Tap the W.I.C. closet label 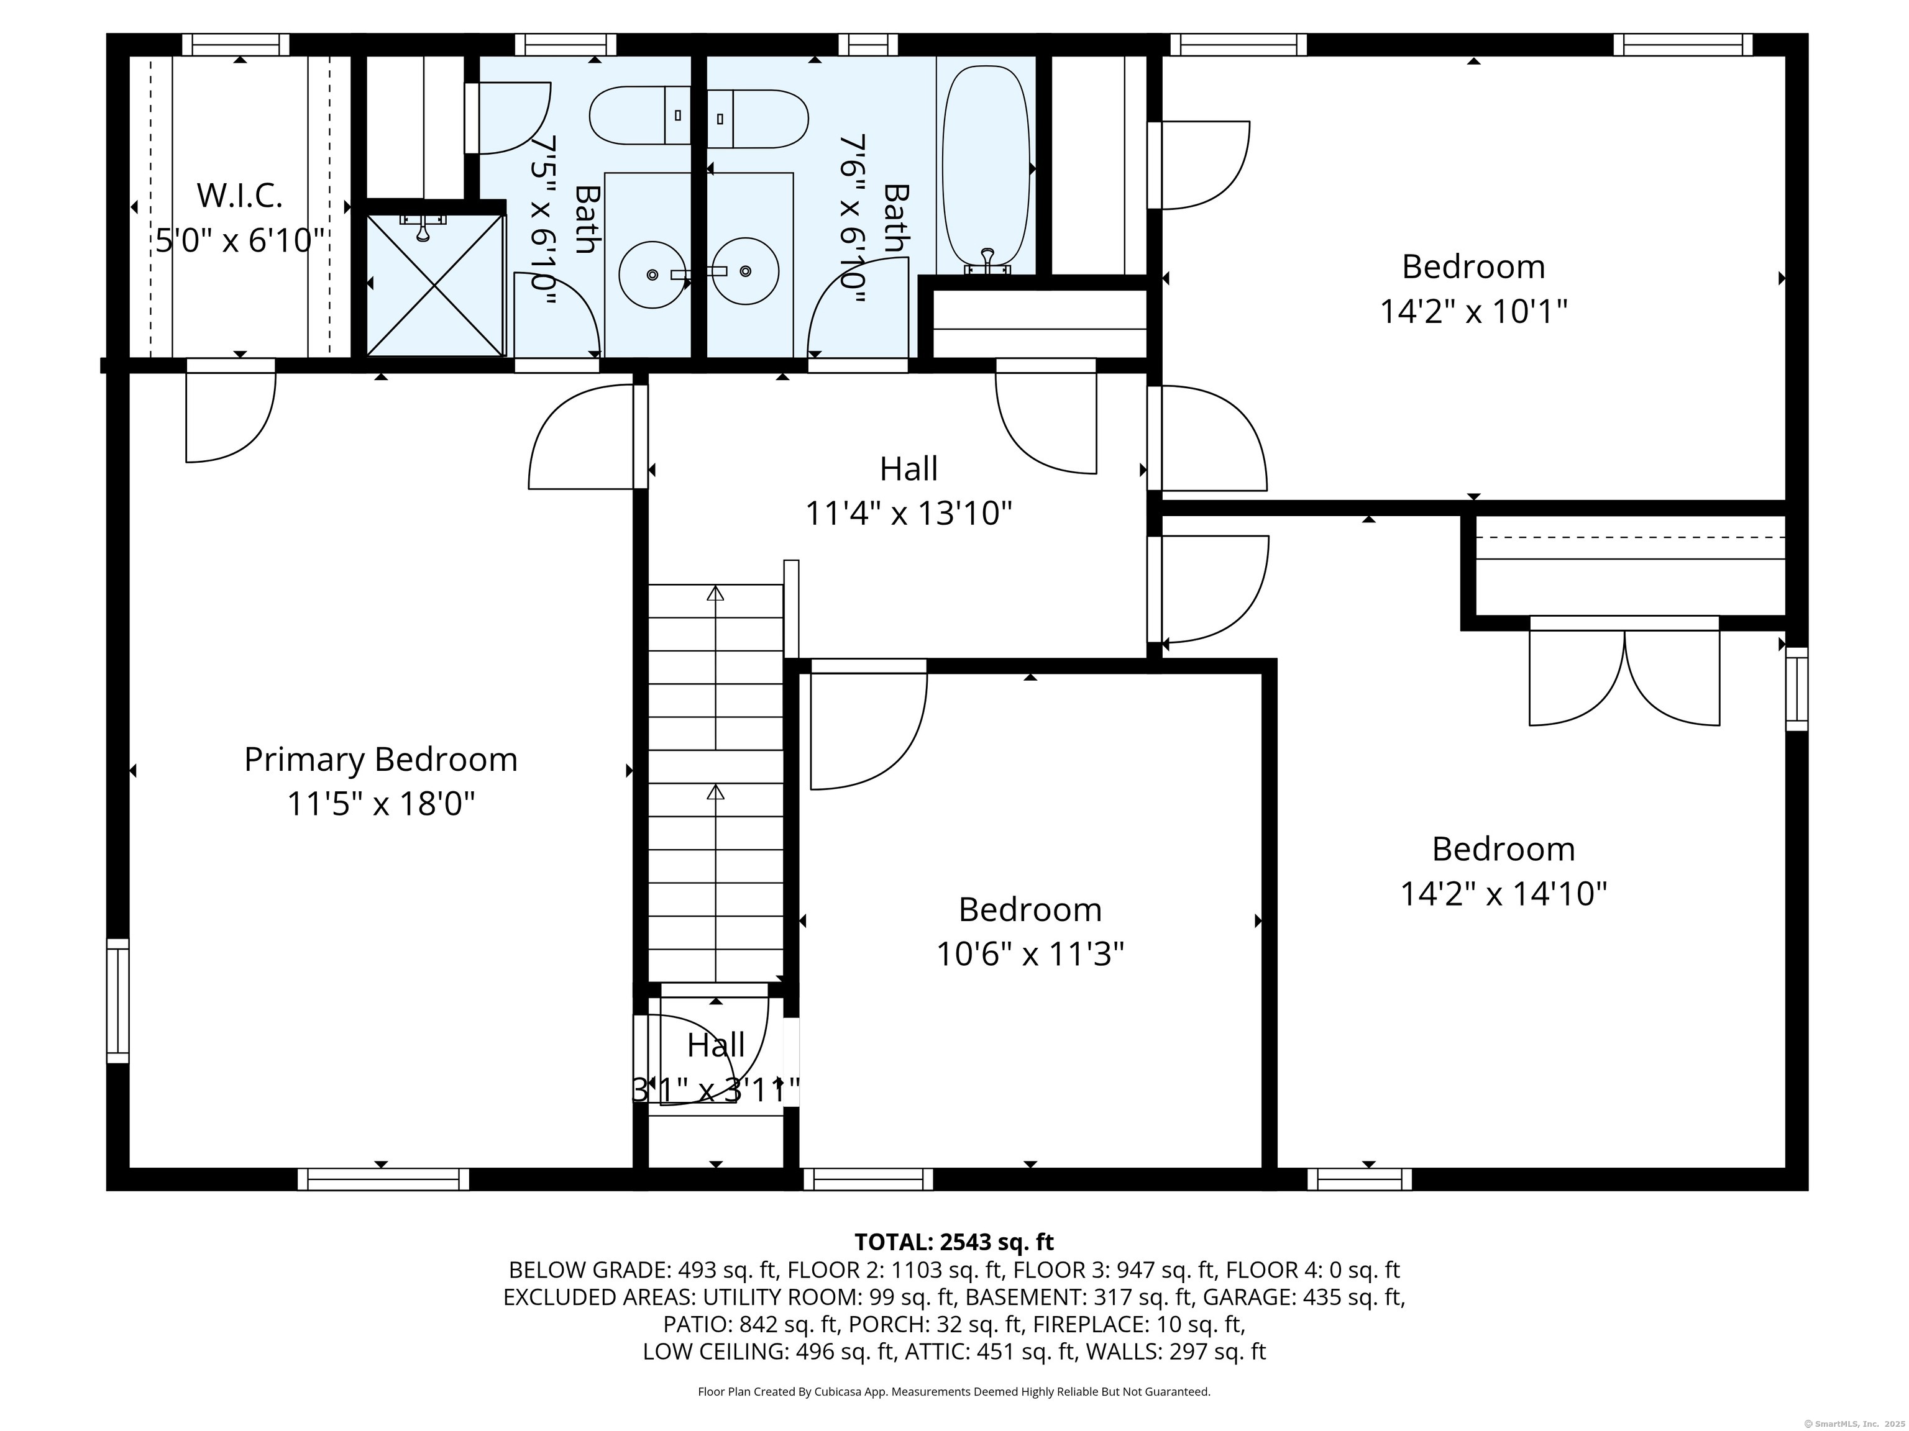[x=239, y=196]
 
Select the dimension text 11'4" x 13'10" [x=908, y=514]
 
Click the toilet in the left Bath [x=639, y=116]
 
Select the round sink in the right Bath [x=746, y=271]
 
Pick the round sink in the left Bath [x=652, y=273]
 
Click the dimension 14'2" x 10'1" [x=1473, y=311]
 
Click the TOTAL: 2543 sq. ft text [x=954, y=1242]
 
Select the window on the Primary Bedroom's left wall [x=117, y=1001]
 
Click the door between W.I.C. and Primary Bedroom [x=231, y=414]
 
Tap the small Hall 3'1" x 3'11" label [x=715, y=1045]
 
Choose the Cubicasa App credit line [x=954, y=1391]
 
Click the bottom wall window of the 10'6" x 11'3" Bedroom [x=868, y=1179]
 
